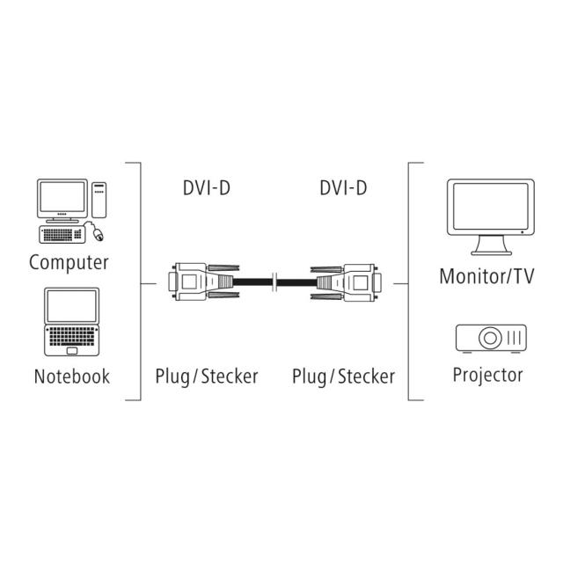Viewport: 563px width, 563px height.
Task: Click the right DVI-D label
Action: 343,187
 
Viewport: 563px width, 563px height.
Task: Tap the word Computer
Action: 69,262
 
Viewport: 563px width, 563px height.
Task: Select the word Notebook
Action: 72,377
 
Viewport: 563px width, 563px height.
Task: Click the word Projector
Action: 487,375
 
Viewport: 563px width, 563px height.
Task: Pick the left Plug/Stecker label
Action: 206,377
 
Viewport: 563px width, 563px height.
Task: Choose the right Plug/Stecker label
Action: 343,377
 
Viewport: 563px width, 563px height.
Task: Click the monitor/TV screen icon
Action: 489,211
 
